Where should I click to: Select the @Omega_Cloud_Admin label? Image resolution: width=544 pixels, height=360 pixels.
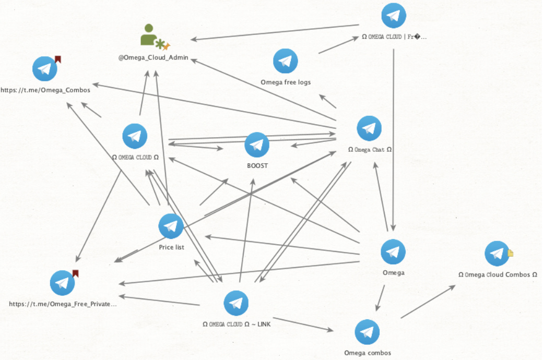153,58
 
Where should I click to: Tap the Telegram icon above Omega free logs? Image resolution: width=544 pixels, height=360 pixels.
285,61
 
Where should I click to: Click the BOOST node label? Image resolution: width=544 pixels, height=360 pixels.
257,165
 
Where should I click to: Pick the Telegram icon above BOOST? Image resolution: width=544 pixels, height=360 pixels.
257,145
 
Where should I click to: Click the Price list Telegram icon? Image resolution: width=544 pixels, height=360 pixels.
171,226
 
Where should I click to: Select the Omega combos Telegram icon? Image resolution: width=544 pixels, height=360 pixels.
367,332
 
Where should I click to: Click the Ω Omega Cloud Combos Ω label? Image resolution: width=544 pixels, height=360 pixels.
498,274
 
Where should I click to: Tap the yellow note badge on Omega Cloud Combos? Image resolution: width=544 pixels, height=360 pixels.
511,253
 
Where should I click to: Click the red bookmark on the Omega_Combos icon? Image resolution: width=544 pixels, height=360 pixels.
58,59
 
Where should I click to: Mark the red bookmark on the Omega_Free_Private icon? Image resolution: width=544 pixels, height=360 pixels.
75,273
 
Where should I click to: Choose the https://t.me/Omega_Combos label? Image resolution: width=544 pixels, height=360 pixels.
45,90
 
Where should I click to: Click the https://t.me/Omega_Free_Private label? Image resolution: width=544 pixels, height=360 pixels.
63,304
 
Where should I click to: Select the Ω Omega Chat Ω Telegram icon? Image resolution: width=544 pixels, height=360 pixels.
369,128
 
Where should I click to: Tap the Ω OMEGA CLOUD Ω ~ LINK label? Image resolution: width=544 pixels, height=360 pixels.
236,324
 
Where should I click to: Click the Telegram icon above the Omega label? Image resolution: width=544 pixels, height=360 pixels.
393,252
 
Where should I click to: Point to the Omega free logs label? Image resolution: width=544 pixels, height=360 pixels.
286,82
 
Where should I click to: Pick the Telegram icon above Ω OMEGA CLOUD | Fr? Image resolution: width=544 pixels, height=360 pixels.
394,16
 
